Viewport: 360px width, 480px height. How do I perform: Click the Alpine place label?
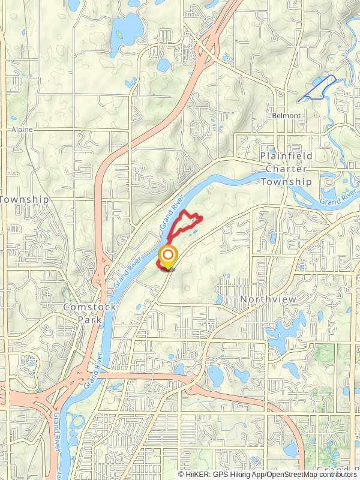click(x=22, y=129)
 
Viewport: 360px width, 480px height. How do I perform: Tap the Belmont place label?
click(x=286, y=115)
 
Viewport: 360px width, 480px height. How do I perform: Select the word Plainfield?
click(x=286, y=156)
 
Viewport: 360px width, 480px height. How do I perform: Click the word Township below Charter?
click(x=286, y=181)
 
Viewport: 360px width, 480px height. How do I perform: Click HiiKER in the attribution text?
click(x=197, y=474)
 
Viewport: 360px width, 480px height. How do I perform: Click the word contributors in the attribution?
click(x=338, y=474)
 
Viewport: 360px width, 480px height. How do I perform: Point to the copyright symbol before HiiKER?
click(x=182, y=474)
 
